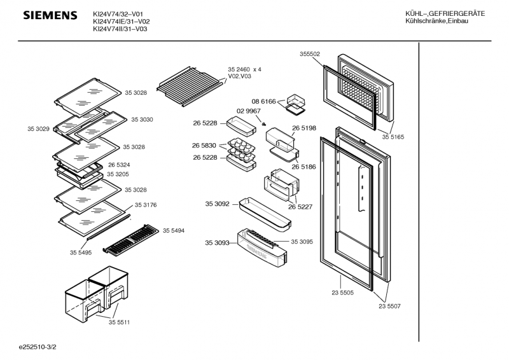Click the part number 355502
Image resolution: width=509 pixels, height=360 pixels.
pyautogui.click(x=310, y=54)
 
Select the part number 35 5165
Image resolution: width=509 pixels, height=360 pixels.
pyautogui.click(x=393, y=137)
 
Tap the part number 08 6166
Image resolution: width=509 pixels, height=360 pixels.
pyautogui.click(x=263, y=101)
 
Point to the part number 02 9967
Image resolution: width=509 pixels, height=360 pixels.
pyautogui.click(x=248, y=111)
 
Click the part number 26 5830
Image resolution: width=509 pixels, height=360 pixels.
pyautogui.click(x=205, y=145)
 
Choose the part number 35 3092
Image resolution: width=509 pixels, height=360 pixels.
pyautogui.click(x=218, y=204)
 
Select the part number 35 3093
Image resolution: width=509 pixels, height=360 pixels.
pyautogui.click(x=217, y=242)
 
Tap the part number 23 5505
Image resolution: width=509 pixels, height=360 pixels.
pyautogui.click(x=342, y=294)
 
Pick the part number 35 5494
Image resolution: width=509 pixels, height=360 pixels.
pyautogui.click(x=174, y=230)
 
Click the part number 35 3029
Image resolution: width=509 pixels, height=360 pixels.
pyautogui.click(x=38, y=128)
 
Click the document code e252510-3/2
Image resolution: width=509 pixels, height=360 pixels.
pyautogui.click(x=41, y=348)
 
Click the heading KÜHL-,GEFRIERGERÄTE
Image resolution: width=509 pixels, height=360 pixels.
pyautogui.click(x=445, y=14)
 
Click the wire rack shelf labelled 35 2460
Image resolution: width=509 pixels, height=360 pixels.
pyautogui.click(x=188, y=83)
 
